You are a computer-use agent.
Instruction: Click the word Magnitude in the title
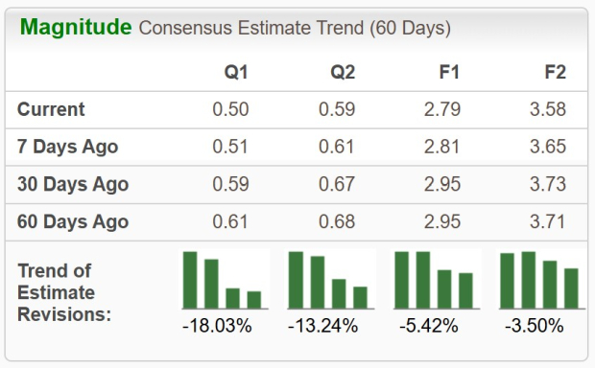pos(76,27)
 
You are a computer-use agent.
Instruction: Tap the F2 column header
pos(553,72)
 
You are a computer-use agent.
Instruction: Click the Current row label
pos(51,109)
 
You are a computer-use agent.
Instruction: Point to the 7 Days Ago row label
pos(67,147)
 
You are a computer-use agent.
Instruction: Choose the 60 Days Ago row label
pos(72,222)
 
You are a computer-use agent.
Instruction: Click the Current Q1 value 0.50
pos(230,109)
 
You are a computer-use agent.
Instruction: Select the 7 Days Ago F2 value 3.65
pos(547,147)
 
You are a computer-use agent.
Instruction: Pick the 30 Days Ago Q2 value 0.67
pos(336,184)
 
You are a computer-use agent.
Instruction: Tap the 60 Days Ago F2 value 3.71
pos(547,222)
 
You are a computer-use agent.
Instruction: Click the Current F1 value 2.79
pos(441,109)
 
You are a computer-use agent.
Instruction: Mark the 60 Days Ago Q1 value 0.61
pos(230,222)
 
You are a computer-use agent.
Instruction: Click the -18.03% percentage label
pos(217,326)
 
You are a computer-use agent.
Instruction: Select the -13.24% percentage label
pos(322,326)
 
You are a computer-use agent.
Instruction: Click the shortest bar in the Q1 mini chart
pos(253,300)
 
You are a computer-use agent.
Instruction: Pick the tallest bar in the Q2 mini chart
pos(296,280)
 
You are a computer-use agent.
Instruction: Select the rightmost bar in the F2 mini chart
pos(571,288)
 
